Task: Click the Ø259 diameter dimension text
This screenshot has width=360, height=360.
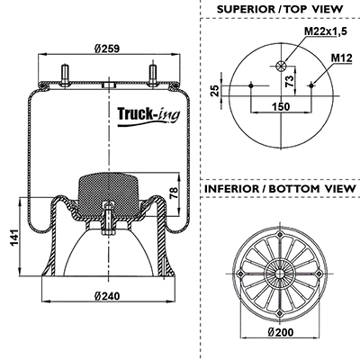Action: pos(107,49)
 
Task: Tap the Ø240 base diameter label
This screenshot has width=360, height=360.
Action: pos(107,296)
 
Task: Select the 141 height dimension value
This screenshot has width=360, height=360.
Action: pos(14,238)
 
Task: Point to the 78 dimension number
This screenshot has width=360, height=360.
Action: pos(174,193)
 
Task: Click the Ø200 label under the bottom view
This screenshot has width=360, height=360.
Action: pos(281,332)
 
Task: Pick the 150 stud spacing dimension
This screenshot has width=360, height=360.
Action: pos(281,106)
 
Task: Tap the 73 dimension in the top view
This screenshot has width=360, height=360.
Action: pos(289,81)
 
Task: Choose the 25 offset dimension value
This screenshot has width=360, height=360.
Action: pos(215,91)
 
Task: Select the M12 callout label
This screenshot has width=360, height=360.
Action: pos(342,58)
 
